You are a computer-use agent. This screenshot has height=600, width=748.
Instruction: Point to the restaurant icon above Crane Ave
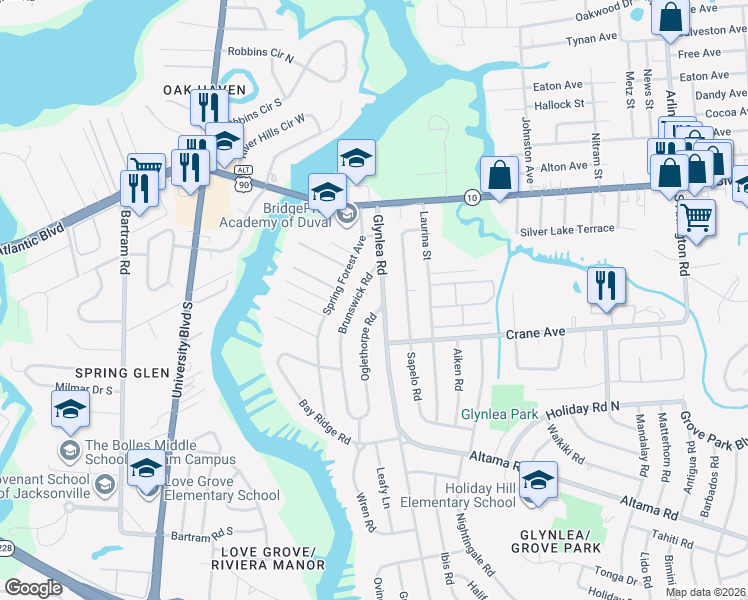click(606, 285)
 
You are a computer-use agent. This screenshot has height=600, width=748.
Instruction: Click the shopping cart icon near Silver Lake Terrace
click(696, 215)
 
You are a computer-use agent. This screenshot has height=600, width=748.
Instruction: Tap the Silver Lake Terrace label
click(567, 229)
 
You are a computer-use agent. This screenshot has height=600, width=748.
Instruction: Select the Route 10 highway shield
click(470, 198)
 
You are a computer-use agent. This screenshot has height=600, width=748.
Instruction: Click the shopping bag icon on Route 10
click(499, 175)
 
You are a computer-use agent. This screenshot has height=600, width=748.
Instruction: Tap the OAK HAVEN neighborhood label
click(205, 90)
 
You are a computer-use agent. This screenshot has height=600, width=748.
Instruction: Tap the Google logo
click(33, 588)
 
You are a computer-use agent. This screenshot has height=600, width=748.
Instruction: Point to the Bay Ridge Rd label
click(325, 422)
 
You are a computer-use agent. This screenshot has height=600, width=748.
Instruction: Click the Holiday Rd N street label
click(585, 407)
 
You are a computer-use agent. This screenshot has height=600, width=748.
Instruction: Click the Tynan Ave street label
click(592, 38)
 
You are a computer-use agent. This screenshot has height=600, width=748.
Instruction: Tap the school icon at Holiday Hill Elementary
click(538, 480)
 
